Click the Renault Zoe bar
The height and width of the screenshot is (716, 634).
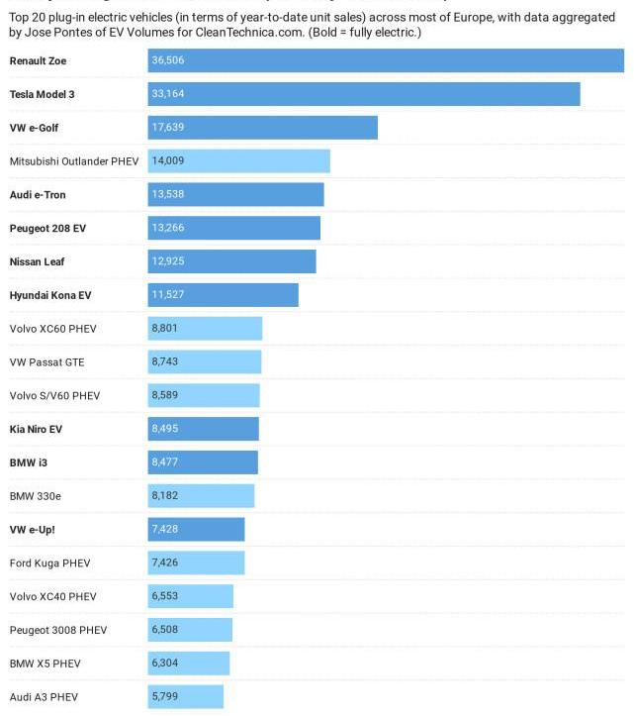(386, 61)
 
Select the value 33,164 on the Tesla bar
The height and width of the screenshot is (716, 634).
(167, 95)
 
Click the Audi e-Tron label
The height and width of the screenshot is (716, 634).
(38, 195)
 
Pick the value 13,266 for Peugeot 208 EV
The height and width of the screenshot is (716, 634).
(167, 229)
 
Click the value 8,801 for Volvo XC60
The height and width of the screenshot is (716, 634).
(164, 329)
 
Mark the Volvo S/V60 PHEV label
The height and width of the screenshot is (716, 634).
(54, 396)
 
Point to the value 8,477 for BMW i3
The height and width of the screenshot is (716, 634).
(164, 462)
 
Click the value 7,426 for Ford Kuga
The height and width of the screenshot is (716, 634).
(164, 563)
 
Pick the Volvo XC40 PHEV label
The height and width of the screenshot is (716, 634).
(52, 597)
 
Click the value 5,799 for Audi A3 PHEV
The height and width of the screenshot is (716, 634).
(164, 697)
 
